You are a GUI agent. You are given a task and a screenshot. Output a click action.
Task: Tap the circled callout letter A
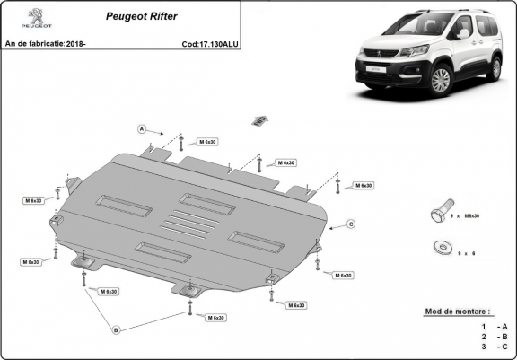pyautogui.click(x=142, y=130)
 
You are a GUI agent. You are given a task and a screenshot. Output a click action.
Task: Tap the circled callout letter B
pyautogui.click(x=115, y=330)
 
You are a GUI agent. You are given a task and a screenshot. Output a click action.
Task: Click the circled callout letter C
pyautogui.click(x=351, y=224)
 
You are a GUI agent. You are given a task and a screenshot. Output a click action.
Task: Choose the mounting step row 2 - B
pyautogui.click(x=494, y=336)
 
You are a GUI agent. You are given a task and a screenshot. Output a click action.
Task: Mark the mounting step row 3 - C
pyautogui.click(x=494, y=347)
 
